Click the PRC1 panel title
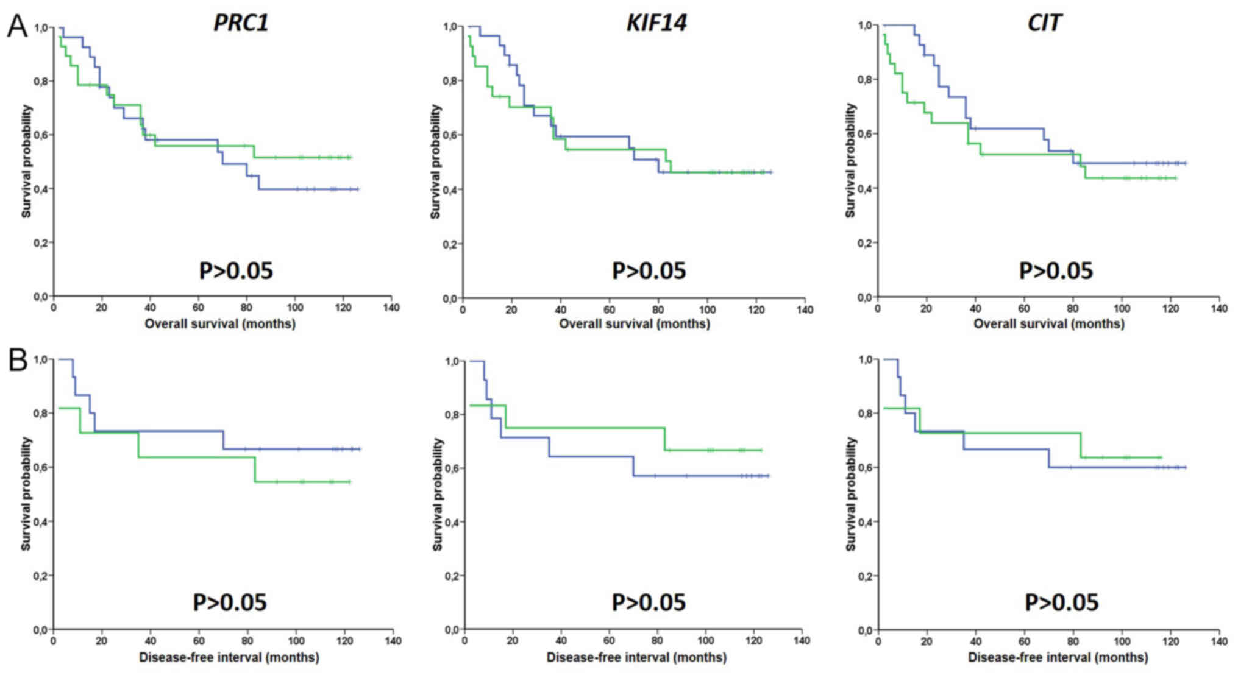[241, 23]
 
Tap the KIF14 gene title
[656, 23]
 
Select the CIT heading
[1044, 23]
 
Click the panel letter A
[17, 27]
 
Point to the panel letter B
[18, 361]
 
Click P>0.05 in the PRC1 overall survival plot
[236, 270]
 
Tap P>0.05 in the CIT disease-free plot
[1061, 602]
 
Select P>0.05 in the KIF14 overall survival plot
[649, 270]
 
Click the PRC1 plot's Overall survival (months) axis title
[220, 323]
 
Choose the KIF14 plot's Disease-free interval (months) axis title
[636, 658]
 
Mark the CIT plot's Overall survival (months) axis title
[1048, 323]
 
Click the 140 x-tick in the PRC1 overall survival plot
[391, 308]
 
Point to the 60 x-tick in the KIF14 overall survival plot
[610, 309]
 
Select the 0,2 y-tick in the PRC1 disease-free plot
[41, 576]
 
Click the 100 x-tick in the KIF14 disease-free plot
[706, 641]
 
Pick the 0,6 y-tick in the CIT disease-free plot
[866, 468]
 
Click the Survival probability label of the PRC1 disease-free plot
[26, 494]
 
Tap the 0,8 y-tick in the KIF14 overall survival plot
[451, 81]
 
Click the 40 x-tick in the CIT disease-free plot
[975, 641]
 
